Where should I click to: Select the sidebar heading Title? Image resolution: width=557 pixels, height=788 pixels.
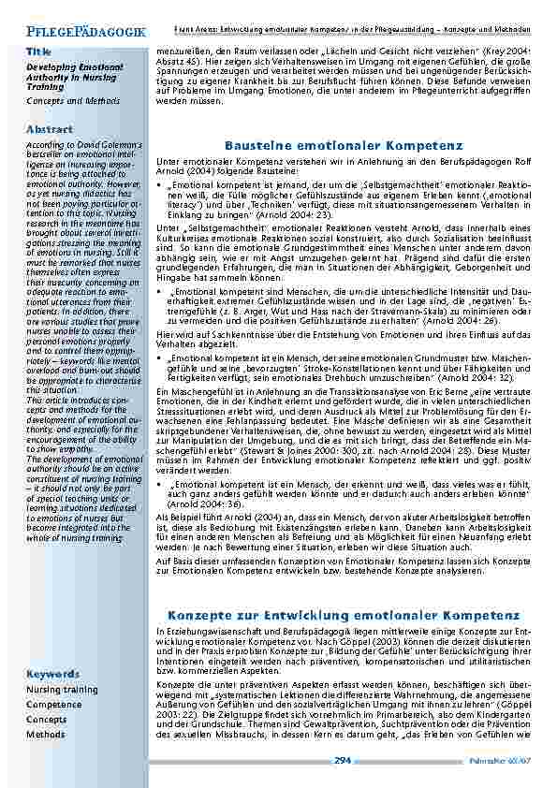pos(39,51)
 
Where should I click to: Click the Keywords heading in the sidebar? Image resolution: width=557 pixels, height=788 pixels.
pos(52,674)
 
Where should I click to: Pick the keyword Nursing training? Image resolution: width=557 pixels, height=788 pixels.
pos(62,690)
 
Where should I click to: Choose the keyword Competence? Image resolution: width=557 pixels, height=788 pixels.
pos(54,705)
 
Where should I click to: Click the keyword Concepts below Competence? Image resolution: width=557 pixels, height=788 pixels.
pos(47,720)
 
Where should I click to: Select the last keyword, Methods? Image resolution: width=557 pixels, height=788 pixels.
pos(46,735)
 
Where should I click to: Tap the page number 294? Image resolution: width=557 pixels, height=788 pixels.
pos(343,761)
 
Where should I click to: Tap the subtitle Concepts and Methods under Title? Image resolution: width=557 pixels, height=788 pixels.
pos(73,100)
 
